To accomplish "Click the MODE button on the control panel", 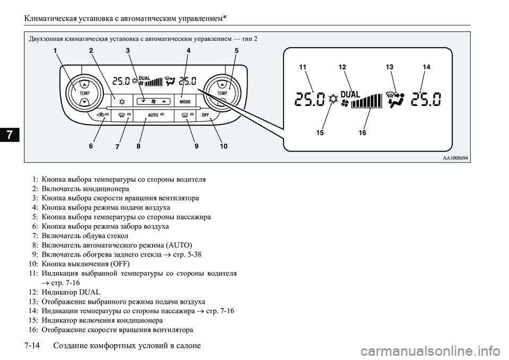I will (x=185, y=101).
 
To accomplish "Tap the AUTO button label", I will (x=153, y=115).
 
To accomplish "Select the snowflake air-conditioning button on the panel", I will (x=122, y=101).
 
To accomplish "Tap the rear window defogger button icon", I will (x=185, y=115).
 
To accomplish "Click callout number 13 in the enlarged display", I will (x=390, y=67).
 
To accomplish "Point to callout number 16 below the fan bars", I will (x=362, y=133).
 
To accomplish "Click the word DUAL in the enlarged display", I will (x=350, y=94).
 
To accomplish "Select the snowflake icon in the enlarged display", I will (x=333, y=99).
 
